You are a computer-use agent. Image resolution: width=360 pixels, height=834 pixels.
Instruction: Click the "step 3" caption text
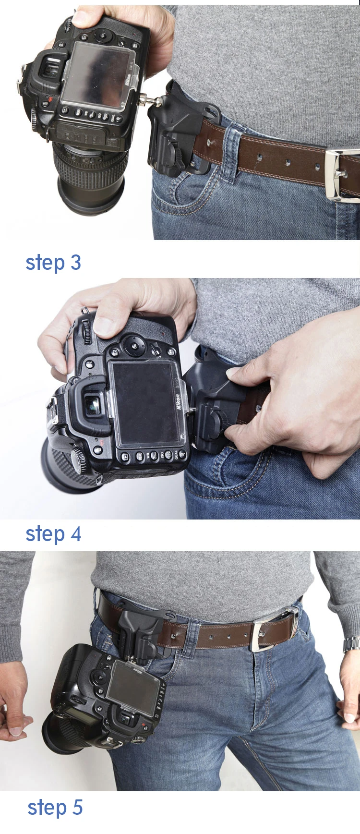click(53, 263)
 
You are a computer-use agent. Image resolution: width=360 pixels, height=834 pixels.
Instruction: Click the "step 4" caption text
click(53, 534)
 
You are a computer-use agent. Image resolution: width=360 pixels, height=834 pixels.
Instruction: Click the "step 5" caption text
click(55, 807)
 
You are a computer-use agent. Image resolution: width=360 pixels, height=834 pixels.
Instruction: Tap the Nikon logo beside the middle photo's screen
click(177, 401)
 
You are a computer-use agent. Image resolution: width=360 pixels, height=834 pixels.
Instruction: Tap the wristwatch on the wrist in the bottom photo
click(352, 645)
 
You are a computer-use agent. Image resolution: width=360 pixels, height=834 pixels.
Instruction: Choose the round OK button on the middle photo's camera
click(134, 345)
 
